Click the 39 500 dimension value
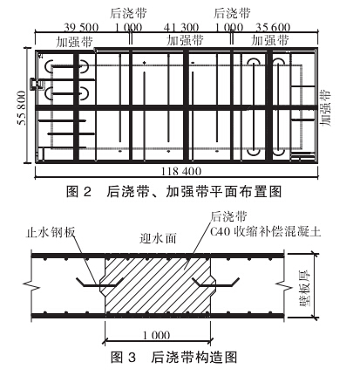(81, 28)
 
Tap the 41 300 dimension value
(181, 28)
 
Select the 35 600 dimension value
(273, 28)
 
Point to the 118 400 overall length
(181, 171)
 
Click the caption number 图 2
(78, 192)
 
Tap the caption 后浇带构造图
(194, 357)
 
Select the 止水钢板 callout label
(51, 233)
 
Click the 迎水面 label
(158, 238)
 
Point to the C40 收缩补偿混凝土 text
(266, 232)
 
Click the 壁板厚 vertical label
(304, 287)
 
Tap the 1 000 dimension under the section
(156, 335)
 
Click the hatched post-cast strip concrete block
(158, 286)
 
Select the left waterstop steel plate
(99, 282)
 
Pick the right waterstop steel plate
(215, 282)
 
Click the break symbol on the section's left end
(35, 285)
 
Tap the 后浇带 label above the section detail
(228, 216)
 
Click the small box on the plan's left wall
(34, 84)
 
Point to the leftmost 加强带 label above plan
(74, 41)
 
